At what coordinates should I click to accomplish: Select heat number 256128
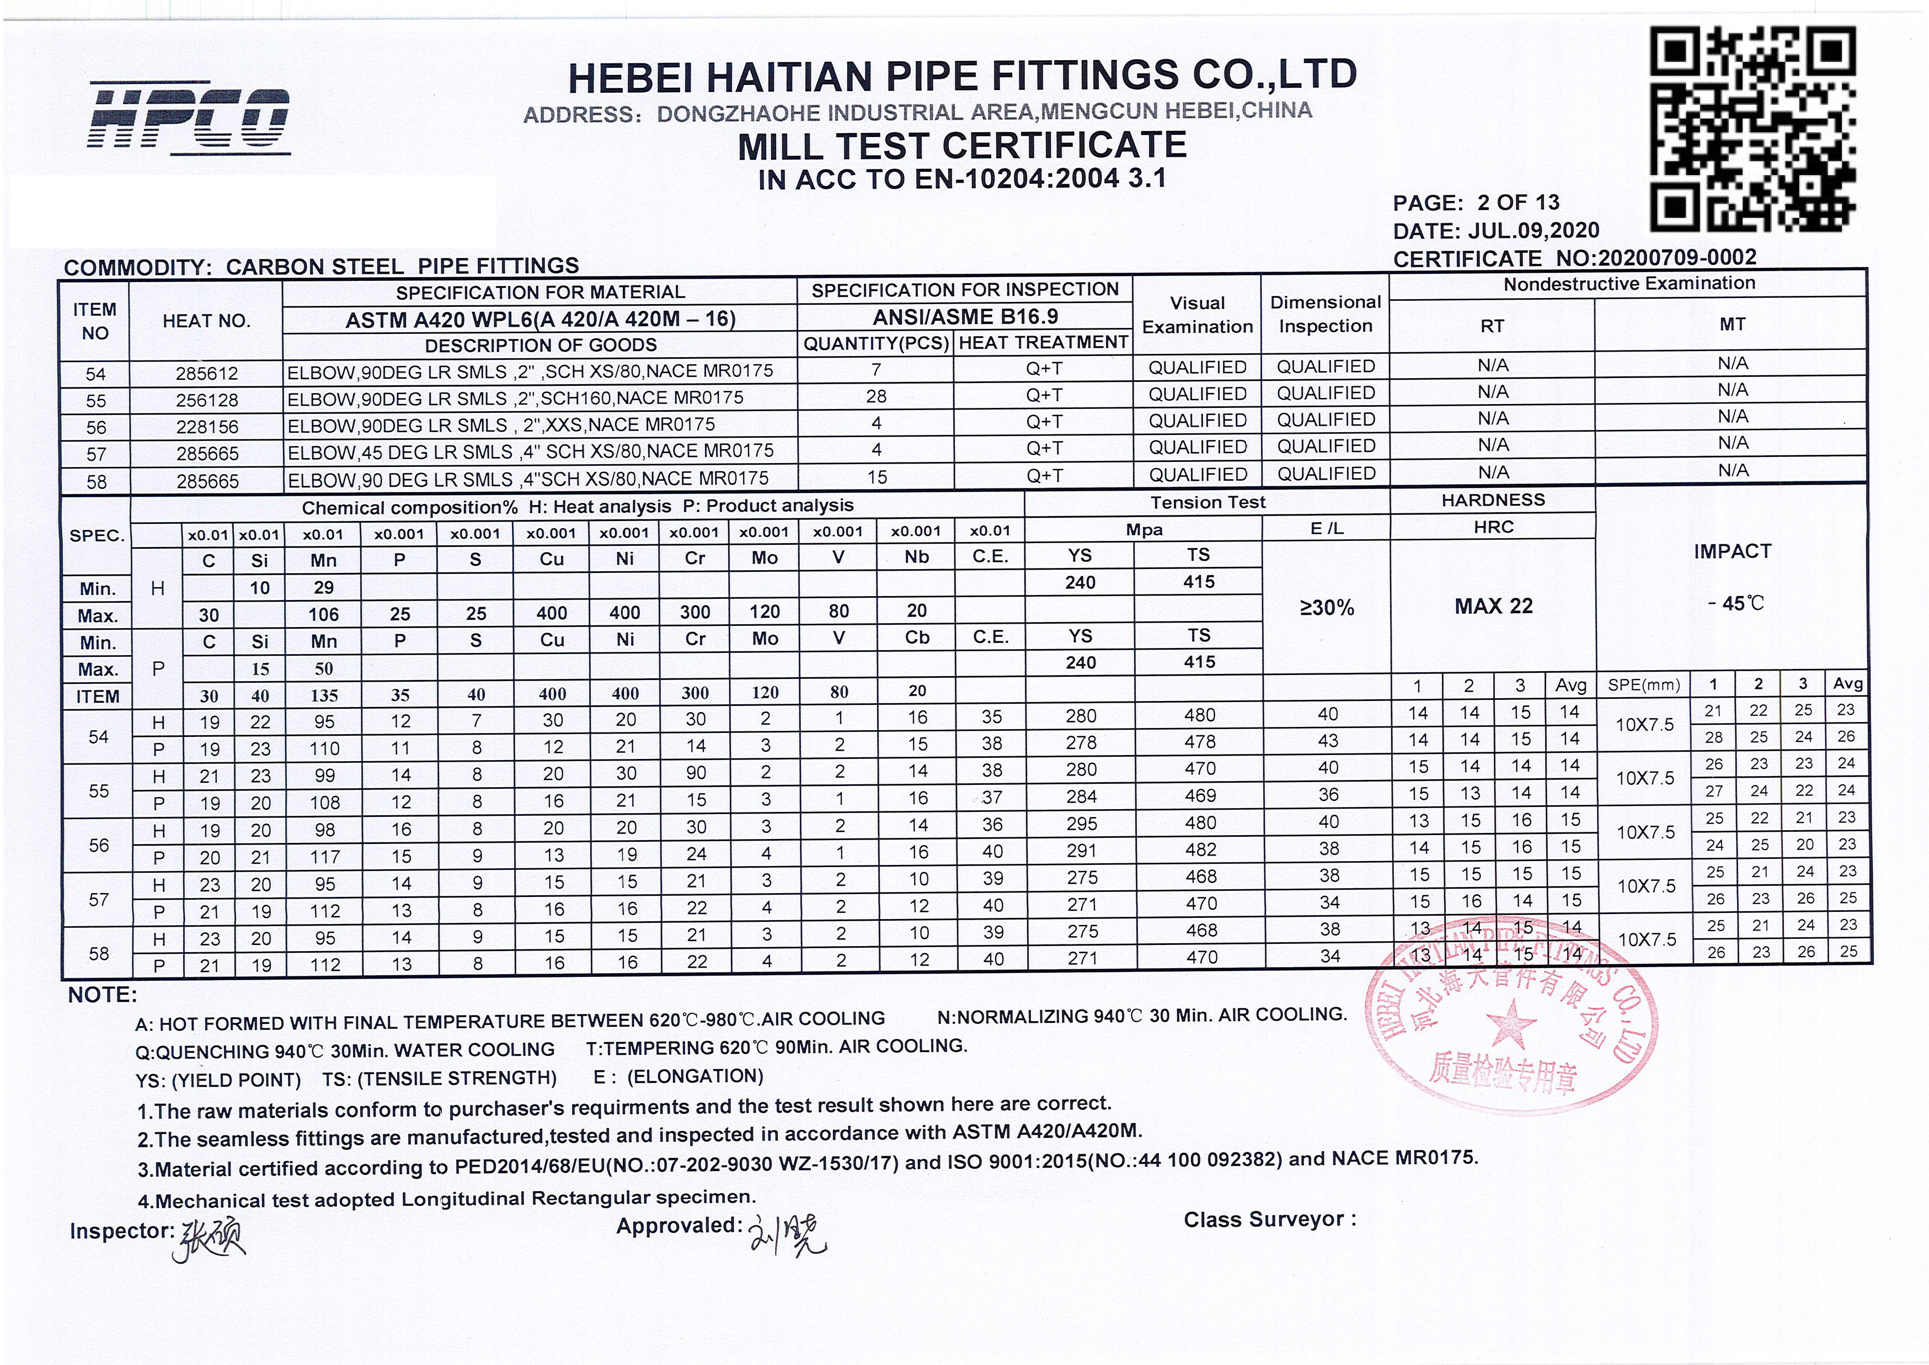coord(207,400)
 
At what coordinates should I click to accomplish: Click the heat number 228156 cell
coord(207,427)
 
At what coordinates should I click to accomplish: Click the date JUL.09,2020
coord(1533,230)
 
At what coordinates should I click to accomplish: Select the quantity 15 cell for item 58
coord(877,476)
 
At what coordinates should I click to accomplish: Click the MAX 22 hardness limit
coord(1493,606)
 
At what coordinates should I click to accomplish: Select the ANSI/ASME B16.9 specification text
coord(964,317)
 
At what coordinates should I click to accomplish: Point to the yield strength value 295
coord(1081,824)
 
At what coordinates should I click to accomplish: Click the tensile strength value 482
coord(1200,850)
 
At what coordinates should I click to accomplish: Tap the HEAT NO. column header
coord(207,321)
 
